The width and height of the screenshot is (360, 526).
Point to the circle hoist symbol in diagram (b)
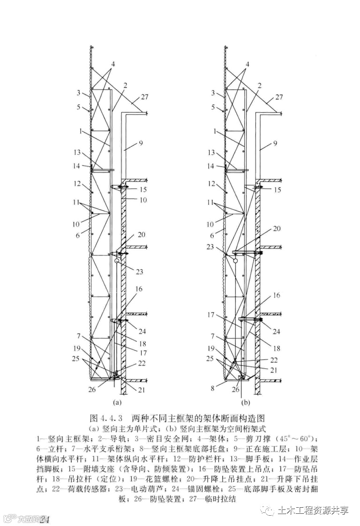[x=236, y=258]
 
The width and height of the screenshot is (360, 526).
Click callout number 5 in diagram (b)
[x=214, y=107]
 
